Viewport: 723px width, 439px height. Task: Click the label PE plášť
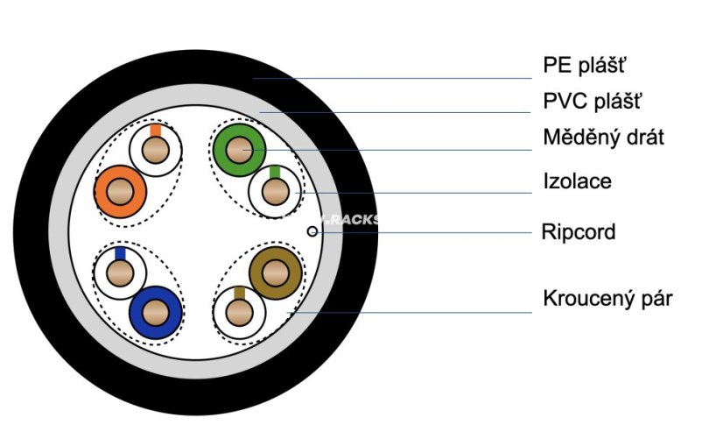(x=584, y=65)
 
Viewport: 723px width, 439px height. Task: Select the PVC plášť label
(x=592, y=101)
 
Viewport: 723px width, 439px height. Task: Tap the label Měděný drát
(x=604, y=137)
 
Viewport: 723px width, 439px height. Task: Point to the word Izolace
(x=578, y=181)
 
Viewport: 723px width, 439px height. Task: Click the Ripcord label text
(x=579, y=231)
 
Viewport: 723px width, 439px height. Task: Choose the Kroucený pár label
(x=607, y=299)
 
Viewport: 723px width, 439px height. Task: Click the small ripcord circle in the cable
(x=312, y=231)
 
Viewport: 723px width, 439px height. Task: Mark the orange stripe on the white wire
(x=156, y=131)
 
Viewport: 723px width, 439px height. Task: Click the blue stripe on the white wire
(x=120, y=253)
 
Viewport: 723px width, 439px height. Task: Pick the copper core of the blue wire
(x=156, y=313)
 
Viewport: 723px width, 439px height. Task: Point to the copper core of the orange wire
(x=120, y=192)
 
